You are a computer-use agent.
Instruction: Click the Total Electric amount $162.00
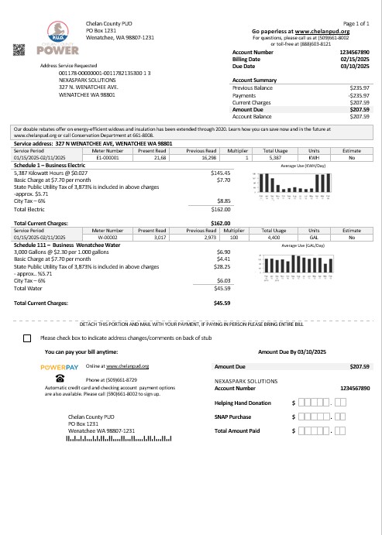[222, 187]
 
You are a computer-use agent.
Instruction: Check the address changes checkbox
[28, 338]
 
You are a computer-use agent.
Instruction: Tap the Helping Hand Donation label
[243, 403]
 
